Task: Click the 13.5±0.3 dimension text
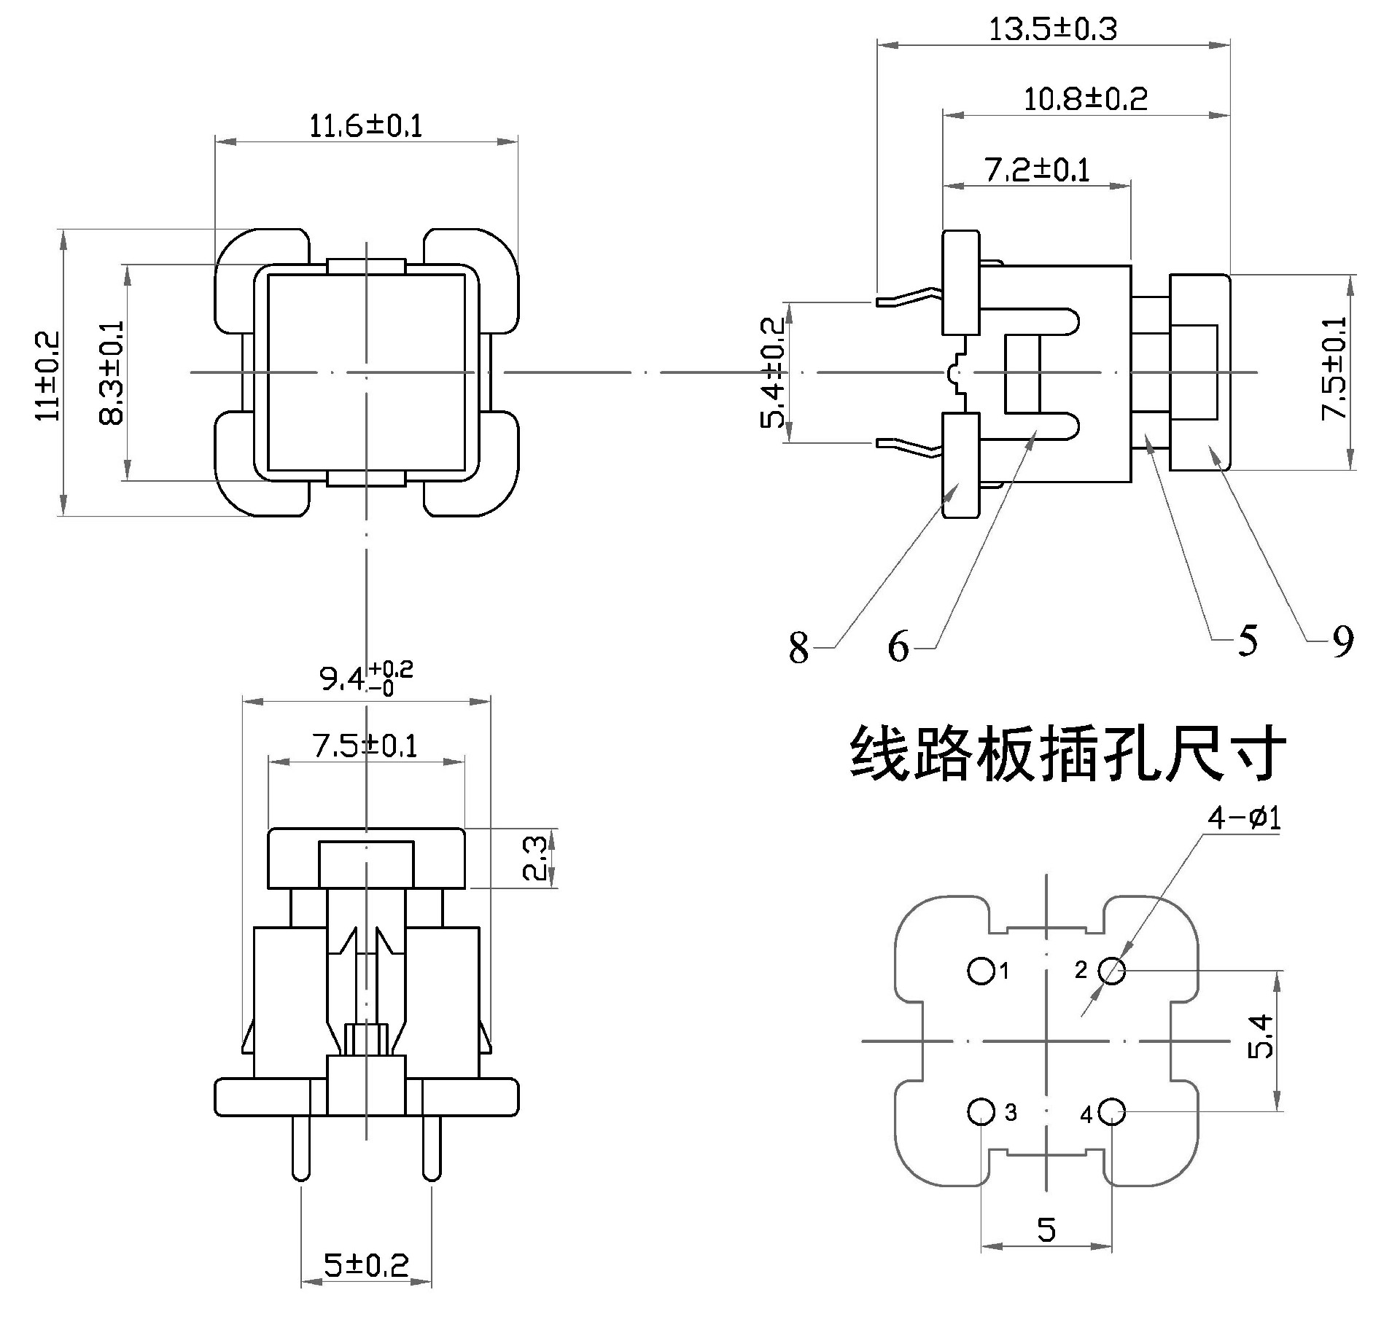pyautogui.click(x=1052, y=30)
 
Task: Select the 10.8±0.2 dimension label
pyautogui.click(x=1085, y=98)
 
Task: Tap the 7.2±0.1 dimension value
pyautogui.click(x=1037, y=170)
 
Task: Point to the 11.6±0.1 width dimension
pyautogui.click(x=366, y=125)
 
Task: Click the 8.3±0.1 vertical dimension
pyautogui.click(x=112, y=372)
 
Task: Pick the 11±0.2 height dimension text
pyautogui.click(x=49, y=375)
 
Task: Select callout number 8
pyautogui.click(x=798, y=647)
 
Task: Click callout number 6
pyautogui.click(x=898, y=646)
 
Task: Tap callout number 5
pyautogui.click(x=1248, y=641)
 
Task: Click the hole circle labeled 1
pyautogui.click(x=981, y=971)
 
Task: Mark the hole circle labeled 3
pyautogui.click(x=981, y=1111)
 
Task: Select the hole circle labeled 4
pyautogui.click(x=1112, y=1111)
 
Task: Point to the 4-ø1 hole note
pyautogui.click(x=1244, y=818)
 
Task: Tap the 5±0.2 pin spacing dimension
pyautogui.click(x=367, y=1265)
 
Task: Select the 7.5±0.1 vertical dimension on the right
pyautogui.click(x=1334, y=372)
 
